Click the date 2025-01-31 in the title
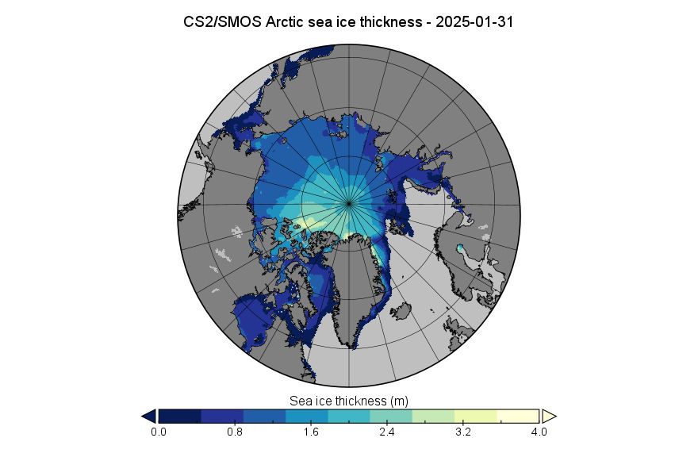(474, 22)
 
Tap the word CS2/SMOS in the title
(222, 22)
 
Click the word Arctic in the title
(285, 22)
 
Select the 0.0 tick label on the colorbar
(159, 432)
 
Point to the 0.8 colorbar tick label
(235, 432)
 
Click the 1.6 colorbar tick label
(311, 432)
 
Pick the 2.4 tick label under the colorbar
(387, 432)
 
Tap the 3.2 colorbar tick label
(463, 432)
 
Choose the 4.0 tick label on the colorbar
(539, 432)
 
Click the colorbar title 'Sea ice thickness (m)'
(348, 401)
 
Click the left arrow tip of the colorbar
(142, 417)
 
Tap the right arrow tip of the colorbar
(557, 417)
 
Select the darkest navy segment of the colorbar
(180, 417)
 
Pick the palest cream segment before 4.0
(518, 417)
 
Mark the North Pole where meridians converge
(349, 204)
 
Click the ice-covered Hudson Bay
(254, 320)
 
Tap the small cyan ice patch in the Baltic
(459, 248)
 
